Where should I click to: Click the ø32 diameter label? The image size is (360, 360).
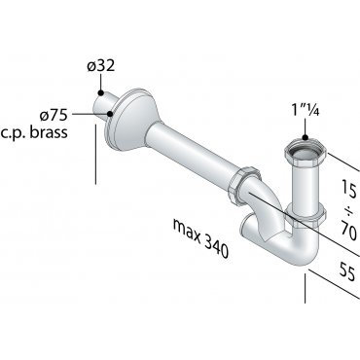click(x=101, y=66)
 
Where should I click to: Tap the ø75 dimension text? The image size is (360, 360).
click(x=54, y=115)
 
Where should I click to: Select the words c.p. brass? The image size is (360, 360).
click(x=34, y=132)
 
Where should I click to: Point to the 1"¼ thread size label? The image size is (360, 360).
click(x=306, y=110)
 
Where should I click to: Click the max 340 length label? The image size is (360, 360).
click(x=201, y=238)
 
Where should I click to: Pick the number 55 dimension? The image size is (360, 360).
click(x=347, y=271)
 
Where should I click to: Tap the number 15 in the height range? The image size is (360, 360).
click(x=349, y=190)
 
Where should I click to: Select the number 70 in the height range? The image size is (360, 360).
click(x=349, y=230)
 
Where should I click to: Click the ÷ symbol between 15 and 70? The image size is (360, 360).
click(x=349, y=211)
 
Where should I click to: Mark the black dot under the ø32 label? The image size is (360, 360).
click(x=101, y=93)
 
